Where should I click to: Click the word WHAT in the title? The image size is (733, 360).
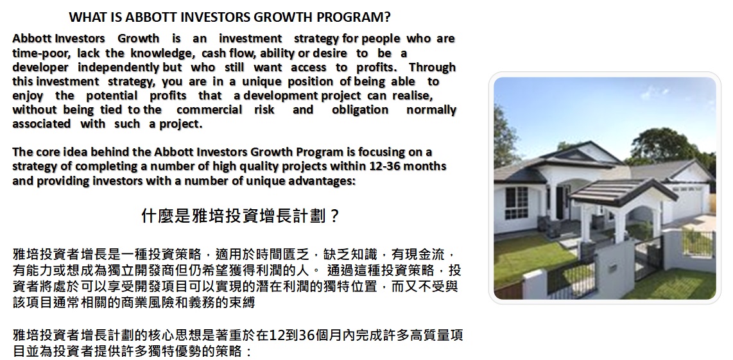(x=86, y=17)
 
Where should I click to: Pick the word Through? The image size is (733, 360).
(x=432, y=67)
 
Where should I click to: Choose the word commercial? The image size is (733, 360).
(x=209, y=110)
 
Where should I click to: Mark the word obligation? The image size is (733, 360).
(x=360, y=110)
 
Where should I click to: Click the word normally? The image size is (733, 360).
(x=431, y=110)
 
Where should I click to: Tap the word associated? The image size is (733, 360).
(x=41, y=124)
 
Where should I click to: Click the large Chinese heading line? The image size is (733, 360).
(x=239, y=216)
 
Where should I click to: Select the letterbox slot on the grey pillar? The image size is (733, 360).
(x=612, y=268)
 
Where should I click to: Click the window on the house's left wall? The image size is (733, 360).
(x=516, y=202)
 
